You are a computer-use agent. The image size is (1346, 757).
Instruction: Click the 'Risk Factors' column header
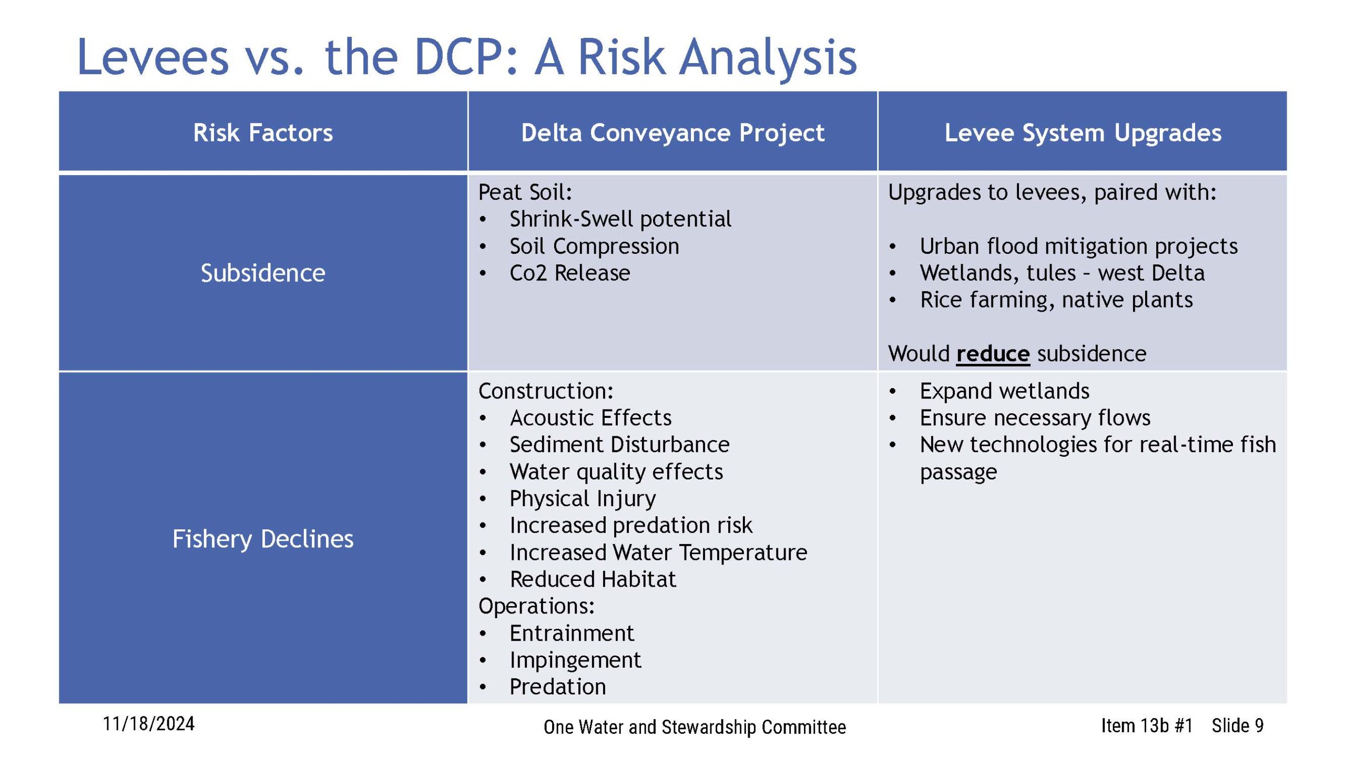(x=263, y=132)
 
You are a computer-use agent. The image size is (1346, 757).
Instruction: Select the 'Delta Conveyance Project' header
(x=672, y=132)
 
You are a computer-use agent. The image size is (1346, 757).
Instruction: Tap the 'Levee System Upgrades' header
(x=1083, y=132)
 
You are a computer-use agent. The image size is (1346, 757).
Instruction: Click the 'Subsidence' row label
(x=263, y=273)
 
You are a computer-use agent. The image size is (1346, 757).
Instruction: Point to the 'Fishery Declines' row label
(x=263, y=539)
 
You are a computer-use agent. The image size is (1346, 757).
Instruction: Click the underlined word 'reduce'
(x=993, y=354)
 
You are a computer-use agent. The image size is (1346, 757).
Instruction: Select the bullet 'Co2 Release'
(x=569, y=273)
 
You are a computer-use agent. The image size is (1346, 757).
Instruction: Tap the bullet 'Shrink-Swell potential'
(x=620, y=219)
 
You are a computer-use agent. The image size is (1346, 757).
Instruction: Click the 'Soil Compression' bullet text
(x=594, y=246)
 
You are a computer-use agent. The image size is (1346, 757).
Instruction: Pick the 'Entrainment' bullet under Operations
(x=572, y=633)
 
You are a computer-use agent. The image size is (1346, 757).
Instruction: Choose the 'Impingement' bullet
(x=575, y=660)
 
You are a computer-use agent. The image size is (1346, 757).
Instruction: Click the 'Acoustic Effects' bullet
(x=590, y=418)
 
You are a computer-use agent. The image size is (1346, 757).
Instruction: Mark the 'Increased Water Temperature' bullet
(x=658, y=553)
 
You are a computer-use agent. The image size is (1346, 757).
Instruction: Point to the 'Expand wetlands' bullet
(x=1004, y=391)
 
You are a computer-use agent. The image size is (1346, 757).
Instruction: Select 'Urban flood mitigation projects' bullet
(x=1079, y=246)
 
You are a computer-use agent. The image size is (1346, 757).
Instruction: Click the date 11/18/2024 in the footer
(x=148, y=724)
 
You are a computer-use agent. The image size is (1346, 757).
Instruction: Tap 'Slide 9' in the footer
(x=1238, y=725)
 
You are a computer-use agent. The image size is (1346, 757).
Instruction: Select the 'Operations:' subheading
(x=536, y=606)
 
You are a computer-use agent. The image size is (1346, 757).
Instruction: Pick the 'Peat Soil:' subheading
(x=525, y=192)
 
